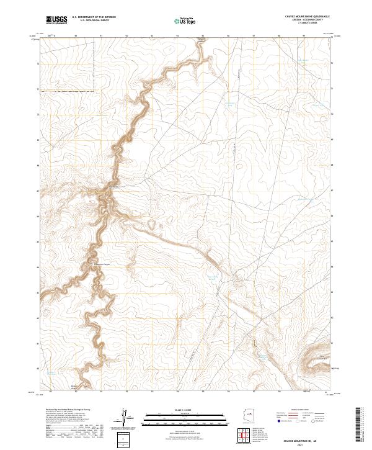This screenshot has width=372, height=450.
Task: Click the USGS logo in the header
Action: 56,20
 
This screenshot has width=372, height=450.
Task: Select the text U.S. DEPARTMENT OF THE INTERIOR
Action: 94,17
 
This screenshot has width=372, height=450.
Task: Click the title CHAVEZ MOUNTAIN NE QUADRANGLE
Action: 307,16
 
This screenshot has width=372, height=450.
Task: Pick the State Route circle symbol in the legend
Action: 313,421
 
